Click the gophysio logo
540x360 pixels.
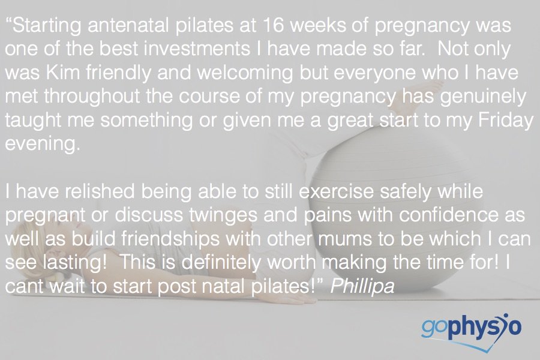[x=470, y=329]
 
